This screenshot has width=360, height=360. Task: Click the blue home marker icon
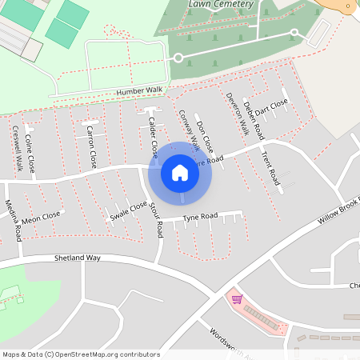[180, 173]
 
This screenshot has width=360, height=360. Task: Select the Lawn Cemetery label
[221, 5]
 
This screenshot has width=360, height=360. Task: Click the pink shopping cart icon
[237, 299]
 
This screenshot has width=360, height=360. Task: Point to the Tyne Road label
[200, 217]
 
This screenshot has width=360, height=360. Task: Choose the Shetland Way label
[78, 258]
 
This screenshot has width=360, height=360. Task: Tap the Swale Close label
[129, 210]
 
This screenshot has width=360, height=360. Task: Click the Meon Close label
[41, 217]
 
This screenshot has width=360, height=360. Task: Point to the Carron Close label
[91, 146]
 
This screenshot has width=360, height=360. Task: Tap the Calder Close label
[152, 135]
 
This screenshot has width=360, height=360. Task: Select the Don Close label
[205, 137]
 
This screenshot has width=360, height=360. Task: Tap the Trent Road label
[269, 164]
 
